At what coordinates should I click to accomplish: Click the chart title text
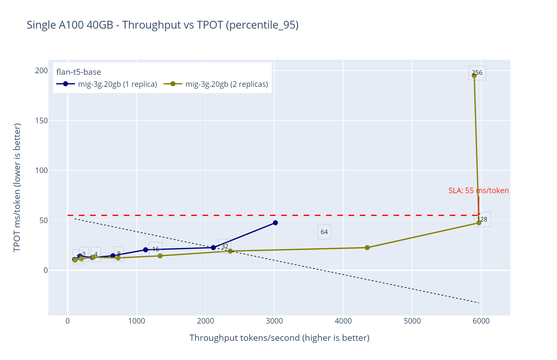coord(162,25)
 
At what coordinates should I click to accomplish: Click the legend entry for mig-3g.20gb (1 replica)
coord(107,84)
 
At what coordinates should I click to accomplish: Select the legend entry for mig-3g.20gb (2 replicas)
coord(216,84)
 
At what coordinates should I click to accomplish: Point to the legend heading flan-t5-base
coord(78,72)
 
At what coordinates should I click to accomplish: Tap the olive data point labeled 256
coord(474,76)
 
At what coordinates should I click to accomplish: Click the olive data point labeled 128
coord(479,223)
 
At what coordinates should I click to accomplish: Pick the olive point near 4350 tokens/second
coord(367,248)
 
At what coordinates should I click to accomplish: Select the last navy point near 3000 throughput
coord(275,223)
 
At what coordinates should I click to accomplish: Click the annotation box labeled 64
coord(324,232)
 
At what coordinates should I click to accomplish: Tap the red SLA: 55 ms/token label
coord(478,191)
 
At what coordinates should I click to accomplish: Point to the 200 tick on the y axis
coord(41,71)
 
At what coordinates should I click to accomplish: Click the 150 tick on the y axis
coord(41,121)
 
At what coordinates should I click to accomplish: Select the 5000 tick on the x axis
coord(412,321)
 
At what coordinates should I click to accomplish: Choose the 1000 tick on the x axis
coord(136,321)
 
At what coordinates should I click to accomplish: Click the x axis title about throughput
coord(279,338)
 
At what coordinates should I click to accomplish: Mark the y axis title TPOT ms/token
coord(17,187)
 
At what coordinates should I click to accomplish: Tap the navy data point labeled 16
coord(146,250)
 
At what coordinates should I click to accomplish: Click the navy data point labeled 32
coord(213,248)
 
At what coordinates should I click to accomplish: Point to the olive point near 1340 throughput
coord(160,256)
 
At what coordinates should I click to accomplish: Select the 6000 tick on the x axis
coord(481,321)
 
